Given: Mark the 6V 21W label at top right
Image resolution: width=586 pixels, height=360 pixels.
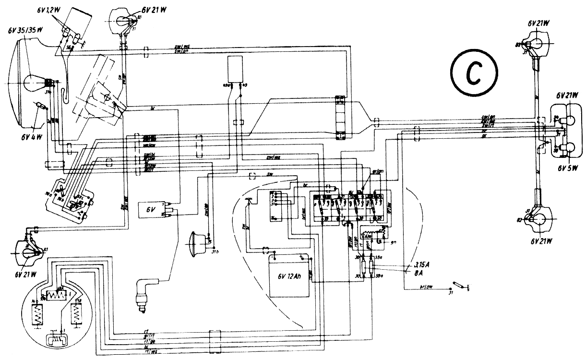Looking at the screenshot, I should pos(538,23).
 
